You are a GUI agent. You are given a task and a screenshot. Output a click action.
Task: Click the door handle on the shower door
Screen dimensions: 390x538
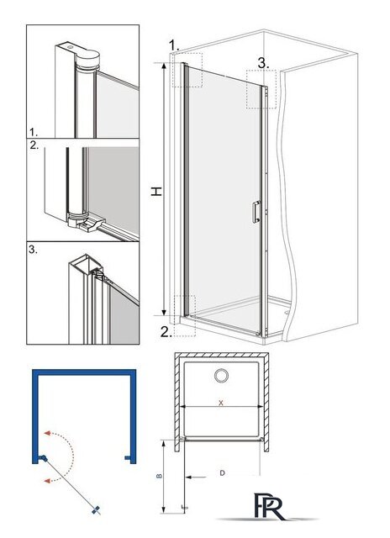256,212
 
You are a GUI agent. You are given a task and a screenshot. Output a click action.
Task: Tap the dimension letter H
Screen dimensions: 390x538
156,191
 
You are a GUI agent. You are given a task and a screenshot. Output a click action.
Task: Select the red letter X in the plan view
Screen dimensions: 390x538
221,403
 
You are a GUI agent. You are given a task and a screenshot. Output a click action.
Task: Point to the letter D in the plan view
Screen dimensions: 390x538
222,473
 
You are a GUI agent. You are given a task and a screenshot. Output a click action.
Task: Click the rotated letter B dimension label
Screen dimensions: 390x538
159,476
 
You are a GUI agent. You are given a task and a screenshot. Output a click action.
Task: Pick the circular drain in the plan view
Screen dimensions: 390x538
221,376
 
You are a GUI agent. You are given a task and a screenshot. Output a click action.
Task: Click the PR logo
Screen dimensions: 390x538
269,506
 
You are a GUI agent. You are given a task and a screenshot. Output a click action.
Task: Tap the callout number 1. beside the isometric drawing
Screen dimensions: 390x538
174,45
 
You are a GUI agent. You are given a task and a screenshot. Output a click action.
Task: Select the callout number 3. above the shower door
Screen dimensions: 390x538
263,63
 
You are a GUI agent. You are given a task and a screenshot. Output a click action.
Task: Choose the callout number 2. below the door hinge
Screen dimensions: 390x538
166,332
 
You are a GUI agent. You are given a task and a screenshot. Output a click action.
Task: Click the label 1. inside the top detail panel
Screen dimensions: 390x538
34,132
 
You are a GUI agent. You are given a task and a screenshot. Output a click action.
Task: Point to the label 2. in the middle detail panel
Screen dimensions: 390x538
34,145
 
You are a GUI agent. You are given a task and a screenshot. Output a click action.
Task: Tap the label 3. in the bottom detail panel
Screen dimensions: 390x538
33,250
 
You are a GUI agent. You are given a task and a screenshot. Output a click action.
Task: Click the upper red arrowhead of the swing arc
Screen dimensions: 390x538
47,433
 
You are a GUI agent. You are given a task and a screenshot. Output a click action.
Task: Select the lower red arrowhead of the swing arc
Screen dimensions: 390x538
47,481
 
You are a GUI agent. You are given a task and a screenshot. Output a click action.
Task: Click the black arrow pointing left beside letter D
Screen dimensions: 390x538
196,477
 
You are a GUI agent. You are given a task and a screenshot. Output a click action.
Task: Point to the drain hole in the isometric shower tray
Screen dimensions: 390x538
287,313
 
